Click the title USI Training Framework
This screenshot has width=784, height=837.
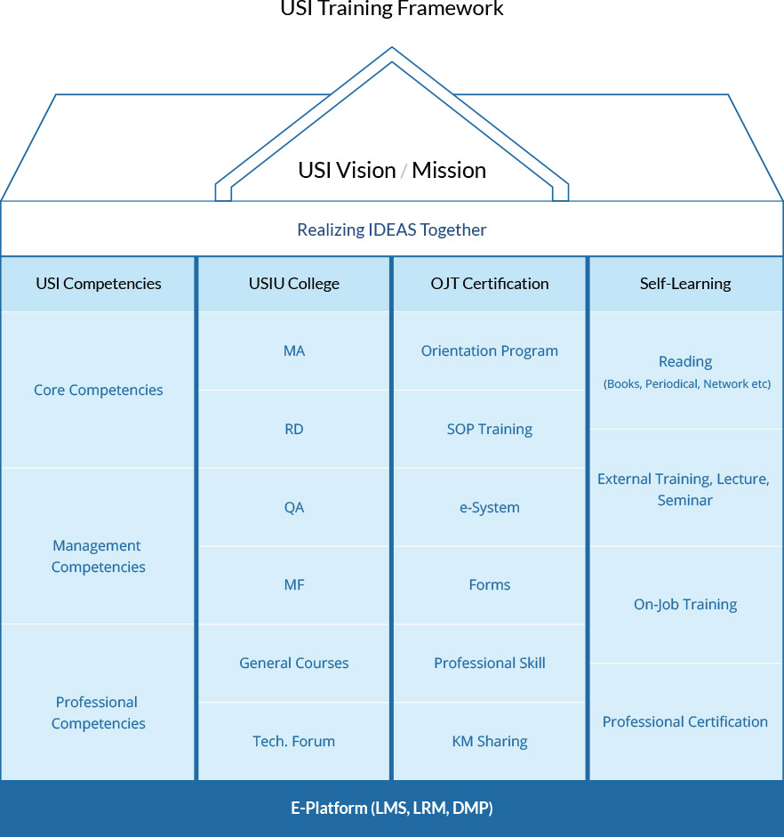(x=392, y=10)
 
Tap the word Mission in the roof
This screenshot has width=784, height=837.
(x=449, y=171)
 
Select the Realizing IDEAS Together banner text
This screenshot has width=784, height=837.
(x=392, y=229)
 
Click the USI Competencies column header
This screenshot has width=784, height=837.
(x=99, y=284)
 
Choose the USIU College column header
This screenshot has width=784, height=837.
(x=294, y=284)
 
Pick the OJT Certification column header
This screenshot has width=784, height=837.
(x=490, y=284)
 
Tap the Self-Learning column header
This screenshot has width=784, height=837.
(x=685, y=284)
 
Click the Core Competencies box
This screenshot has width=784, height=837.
(x=99, y=390)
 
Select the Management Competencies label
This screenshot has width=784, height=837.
(x=99, y=556)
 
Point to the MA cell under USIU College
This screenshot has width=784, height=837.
(x=294, y=350)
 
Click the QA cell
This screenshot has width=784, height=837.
(x=294, y=507)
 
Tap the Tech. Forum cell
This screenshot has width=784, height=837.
(x=294, y=741)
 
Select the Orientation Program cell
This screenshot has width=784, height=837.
(x=490, y=350)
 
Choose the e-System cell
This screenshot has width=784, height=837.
(x=490, y=507)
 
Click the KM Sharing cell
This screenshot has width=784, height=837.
(x=490, y=741)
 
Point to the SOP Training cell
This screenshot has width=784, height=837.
(x=490, y=429)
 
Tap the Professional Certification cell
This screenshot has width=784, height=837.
(x=685, y=721)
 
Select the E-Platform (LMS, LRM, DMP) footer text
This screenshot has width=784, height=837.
(x=392, y=809)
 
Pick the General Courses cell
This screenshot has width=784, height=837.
(x=294, y=663)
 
